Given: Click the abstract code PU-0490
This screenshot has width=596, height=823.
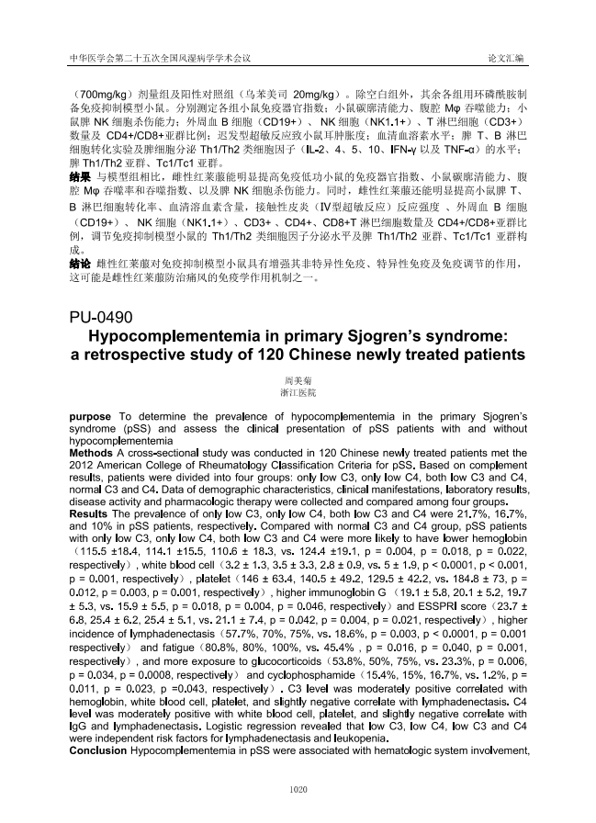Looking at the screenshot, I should pyautogui.click(x=101, y=318).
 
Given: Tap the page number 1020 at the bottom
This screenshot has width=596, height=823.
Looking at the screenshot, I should pyautogui.click(x=298, y=788).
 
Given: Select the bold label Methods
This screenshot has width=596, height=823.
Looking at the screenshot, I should pyautogui.click(x=92, y=453).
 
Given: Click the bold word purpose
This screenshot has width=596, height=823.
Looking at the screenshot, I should pyautogui.click(x=92, y=417).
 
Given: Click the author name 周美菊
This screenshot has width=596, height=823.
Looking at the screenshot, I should pyautogui.click(x=298, y=378).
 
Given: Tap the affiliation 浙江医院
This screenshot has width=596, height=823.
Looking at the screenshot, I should pyautogui.click(x=298, y=391).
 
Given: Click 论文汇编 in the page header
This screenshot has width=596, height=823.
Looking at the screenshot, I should pyautogui.click(x=506, y=58).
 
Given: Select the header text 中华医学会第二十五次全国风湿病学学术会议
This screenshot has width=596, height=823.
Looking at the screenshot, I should pyautogui.click(x=162, y=58).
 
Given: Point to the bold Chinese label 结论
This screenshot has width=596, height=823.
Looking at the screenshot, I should pyautogui.click(x=80, y=265).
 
